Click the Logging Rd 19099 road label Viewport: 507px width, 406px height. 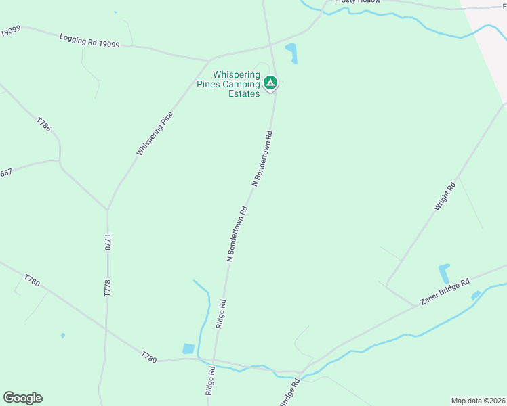(89, 41)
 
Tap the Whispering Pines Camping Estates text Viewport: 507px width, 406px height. (237, 84)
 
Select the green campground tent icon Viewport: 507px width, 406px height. (270, 83)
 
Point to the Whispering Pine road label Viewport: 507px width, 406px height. (155, 133)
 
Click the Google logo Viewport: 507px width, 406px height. (22, 398)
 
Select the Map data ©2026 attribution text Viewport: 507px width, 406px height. (478, 400)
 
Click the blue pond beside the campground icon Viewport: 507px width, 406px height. (291, 52)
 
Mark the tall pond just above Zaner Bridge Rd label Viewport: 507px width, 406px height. (445, 273)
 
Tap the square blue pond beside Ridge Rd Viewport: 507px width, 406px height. (188, 349)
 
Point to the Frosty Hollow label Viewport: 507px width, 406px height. (357, 2)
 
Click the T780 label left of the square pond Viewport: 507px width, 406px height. (149, 356)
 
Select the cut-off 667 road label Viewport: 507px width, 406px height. (6, 173)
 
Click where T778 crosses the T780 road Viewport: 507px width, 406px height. (106, 331)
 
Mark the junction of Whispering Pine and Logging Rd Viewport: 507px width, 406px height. (212, 58)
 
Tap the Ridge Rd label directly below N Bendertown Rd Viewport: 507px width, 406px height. (220, 315)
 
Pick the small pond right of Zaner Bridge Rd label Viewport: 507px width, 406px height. (476, 295)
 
